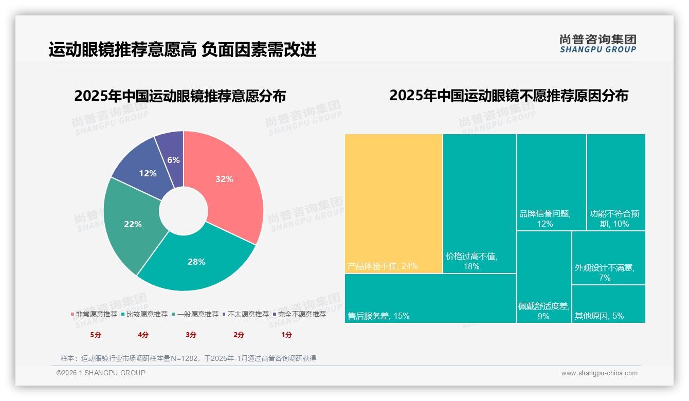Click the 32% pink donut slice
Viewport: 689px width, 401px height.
click(225, 180)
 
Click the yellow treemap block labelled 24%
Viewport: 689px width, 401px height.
click(393, 203)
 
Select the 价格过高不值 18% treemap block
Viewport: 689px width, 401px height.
click(479, 203)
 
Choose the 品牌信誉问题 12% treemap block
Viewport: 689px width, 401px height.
click(551, 182)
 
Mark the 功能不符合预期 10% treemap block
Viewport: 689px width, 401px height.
click(615, 182)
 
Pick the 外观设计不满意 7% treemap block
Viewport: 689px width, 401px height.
click(608, 258)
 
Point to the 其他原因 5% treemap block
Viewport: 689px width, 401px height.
click(608, 304)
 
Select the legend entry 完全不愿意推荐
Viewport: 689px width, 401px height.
click(301, 314)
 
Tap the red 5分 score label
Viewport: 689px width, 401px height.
click(96, 335)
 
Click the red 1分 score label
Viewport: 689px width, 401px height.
click(286, 335)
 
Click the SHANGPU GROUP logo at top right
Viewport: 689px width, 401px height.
click(597, 44)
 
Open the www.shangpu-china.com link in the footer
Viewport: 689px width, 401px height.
click(599, 373)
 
